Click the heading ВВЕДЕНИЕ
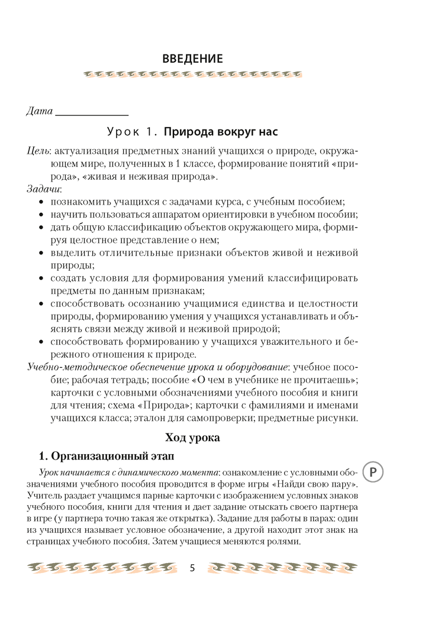(x=192, y=59)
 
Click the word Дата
(x=40, y=111)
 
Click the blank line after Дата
(x=92, y=113)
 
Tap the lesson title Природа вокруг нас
(x=220, y=131)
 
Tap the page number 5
(x=192, y=568)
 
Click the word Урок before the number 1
(x=123, y=131)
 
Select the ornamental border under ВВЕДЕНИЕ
(x=192, y=75)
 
